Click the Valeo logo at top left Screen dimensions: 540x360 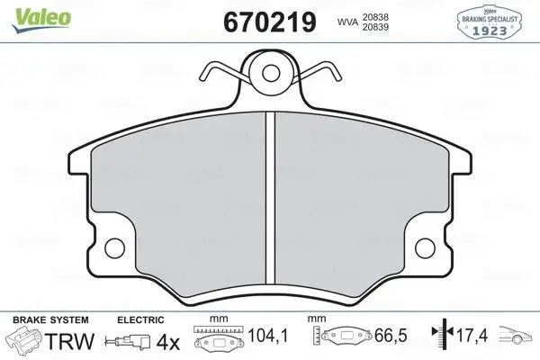[41, 20]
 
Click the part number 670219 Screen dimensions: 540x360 [270, 22]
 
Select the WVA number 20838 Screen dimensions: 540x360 [375, 17]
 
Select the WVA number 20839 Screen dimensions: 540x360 [375, 27]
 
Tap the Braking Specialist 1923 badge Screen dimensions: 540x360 [489, 21]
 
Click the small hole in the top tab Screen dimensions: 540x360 [271, 73]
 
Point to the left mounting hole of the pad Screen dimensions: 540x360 [114, 248]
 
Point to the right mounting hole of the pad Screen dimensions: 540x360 [425, 248]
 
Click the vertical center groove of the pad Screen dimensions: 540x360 [271, 198]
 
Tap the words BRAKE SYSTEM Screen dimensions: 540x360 [50, 320]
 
